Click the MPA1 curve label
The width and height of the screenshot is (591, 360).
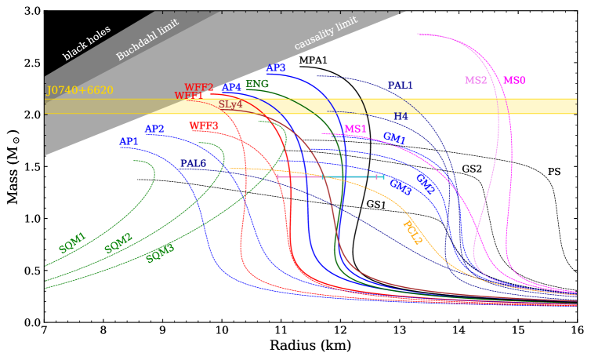coord(314,60)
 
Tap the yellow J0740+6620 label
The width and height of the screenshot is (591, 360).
coord(80,91)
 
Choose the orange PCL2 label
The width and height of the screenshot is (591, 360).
coord(412,232)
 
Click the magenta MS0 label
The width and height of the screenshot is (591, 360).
coord(515,80)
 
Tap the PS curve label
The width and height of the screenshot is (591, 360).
coord(554,171)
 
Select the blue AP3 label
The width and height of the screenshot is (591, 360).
coord(276,68)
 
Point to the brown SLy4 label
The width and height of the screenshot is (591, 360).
coord(230,104)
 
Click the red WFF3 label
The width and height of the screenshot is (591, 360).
coord(204,125)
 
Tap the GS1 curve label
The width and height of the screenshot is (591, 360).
coord(376,205)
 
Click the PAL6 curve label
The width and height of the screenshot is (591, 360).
coord(194,163)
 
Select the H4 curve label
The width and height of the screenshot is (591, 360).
coord(401,117)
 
